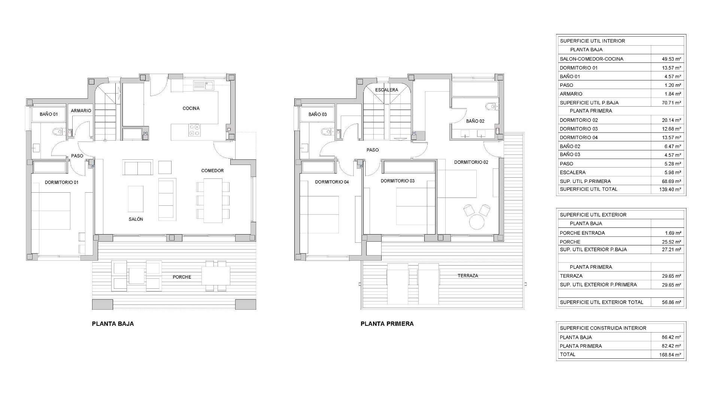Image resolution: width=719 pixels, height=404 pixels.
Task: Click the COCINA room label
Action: point(191,108)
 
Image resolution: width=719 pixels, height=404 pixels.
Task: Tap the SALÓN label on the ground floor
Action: point(136,219)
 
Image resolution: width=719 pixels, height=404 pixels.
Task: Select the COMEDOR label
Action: point(212,171)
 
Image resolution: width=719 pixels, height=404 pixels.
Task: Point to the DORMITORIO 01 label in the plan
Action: point(61,183)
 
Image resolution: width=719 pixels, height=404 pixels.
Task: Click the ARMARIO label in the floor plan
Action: point(81,111)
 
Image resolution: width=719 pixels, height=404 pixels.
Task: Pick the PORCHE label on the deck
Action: point(182,277)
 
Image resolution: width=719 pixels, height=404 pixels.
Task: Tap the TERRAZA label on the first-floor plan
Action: point(468,276)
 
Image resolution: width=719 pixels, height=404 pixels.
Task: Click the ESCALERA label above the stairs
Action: point(386,90)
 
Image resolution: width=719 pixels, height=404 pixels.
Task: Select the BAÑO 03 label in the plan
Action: point(318,114)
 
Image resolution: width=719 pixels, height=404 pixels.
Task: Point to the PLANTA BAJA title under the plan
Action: point(113,324)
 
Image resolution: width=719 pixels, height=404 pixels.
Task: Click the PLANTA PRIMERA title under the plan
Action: point(387,324)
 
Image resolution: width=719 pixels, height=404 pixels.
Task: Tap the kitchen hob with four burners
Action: point(195,130)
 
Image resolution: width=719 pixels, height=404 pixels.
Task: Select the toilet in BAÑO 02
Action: point(490,107)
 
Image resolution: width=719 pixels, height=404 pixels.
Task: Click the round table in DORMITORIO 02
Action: point(477,221)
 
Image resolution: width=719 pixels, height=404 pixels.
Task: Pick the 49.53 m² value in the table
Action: point(671,59)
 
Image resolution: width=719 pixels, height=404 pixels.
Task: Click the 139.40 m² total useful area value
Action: point(670,190)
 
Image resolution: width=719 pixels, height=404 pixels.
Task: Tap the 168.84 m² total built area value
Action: point(670,355)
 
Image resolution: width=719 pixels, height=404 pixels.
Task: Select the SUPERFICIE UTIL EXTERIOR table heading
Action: point(593,215)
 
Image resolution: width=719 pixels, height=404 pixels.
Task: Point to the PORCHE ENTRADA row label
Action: point(582,233)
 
